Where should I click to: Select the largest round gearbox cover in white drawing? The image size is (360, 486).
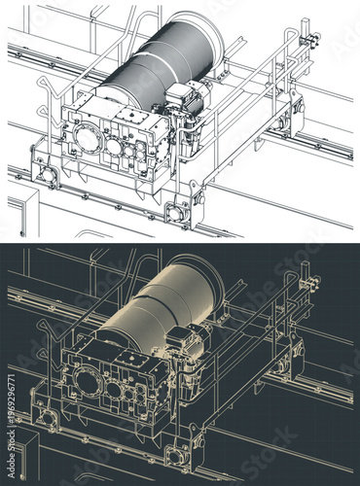[x=89, y=137]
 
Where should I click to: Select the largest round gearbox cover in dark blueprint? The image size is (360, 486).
[x=89, y=379]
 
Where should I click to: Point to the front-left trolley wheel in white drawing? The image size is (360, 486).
[x=45, y=175]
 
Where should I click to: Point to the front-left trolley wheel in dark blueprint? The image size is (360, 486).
[x=45, y=417]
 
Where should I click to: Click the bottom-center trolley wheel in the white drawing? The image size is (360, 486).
[x=176, y=212]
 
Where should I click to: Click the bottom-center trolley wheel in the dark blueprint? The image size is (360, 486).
[x=176, y=454]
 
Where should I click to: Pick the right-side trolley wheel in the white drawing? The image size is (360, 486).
[x=283, y=122]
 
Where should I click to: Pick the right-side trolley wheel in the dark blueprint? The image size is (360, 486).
[x=283, y=364]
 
